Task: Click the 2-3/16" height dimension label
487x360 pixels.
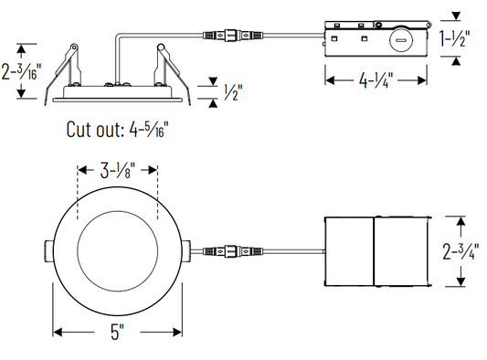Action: click(21, 72)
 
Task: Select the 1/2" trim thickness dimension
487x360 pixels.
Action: click(232, 92)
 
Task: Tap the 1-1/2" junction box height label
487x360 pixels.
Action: click(455, 38)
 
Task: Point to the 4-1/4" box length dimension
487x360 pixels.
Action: click(376, 80)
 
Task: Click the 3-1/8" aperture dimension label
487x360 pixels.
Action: click(118, 170)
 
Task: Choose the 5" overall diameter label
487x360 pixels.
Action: click(117, 332)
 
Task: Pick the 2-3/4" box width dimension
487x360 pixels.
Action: click(459, 251)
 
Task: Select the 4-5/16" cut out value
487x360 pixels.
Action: click(149, 129)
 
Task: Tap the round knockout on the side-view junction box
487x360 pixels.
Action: click(401, 40)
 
